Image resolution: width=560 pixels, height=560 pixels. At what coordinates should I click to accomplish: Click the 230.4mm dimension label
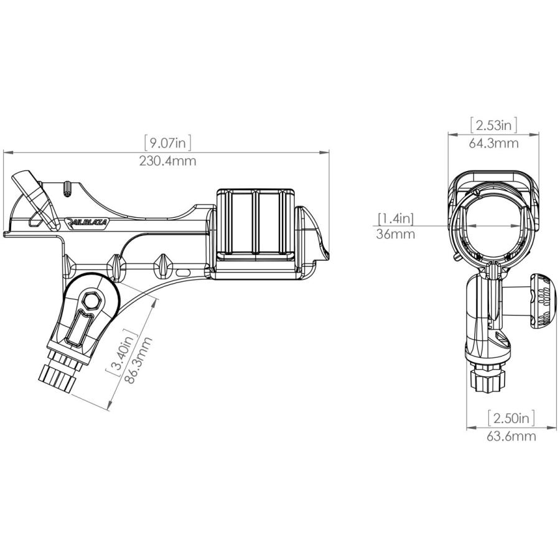point(167,161)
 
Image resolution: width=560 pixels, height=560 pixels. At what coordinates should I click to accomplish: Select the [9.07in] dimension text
point(167,143)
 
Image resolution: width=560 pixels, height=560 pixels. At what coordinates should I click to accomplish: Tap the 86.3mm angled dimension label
point(139,360)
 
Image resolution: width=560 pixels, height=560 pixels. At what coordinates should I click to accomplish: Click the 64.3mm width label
point(493,143)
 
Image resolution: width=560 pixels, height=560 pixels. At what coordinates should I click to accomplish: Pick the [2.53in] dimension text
point(493,125)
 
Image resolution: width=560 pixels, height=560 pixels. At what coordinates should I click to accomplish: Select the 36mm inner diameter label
point(395,235)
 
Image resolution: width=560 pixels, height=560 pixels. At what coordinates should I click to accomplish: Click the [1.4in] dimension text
point(395,218)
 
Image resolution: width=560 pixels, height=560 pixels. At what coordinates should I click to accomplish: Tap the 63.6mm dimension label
point(511,436)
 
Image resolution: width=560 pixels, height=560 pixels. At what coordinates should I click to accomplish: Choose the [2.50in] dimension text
point(511,418)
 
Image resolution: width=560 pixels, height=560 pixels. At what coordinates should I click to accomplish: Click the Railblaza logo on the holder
point(87,222)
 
